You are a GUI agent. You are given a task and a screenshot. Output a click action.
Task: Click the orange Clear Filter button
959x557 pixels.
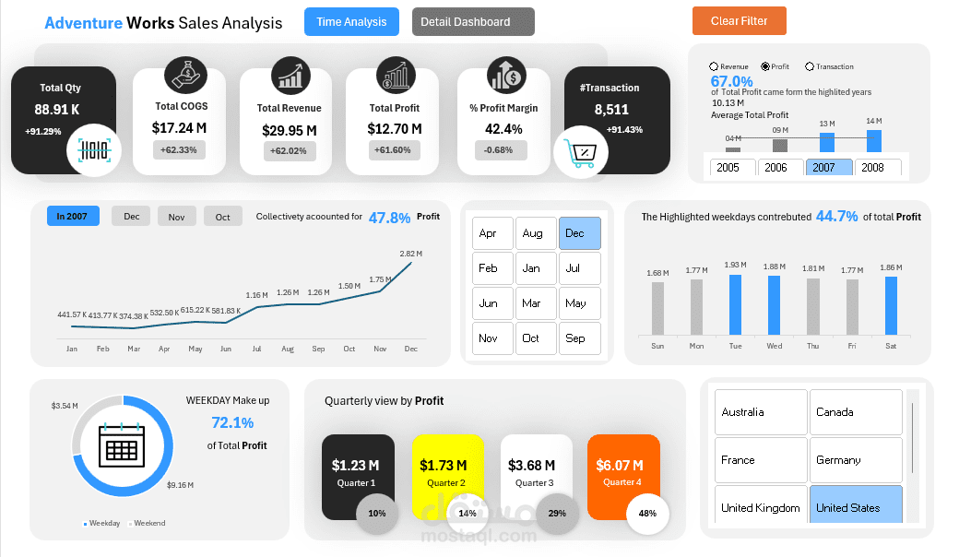739,20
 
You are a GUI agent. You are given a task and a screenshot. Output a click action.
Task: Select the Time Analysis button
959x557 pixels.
351,21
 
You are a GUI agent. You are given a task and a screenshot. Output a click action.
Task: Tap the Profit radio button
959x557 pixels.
765,66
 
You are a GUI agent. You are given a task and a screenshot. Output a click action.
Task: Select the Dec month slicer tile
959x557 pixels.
579,233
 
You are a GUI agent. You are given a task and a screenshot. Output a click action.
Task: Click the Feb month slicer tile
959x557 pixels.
492,268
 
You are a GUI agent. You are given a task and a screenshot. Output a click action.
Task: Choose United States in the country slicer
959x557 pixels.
856,507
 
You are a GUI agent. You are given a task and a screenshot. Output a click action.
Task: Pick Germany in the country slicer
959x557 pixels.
856,459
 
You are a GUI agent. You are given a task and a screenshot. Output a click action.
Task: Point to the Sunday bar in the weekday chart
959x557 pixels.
657,307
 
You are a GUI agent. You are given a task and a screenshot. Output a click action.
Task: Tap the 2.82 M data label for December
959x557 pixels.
410,253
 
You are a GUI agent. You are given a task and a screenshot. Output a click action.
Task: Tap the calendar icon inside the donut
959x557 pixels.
123,448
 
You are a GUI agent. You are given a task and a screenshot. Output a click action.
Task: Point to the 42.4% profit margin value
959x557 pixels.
503,129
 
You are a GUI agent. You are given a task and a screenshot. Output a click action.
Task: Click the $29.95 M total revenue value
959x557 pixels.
290,130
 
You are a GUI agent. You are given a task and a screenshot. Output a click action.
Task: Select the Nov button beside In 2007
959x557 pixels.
176,217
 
